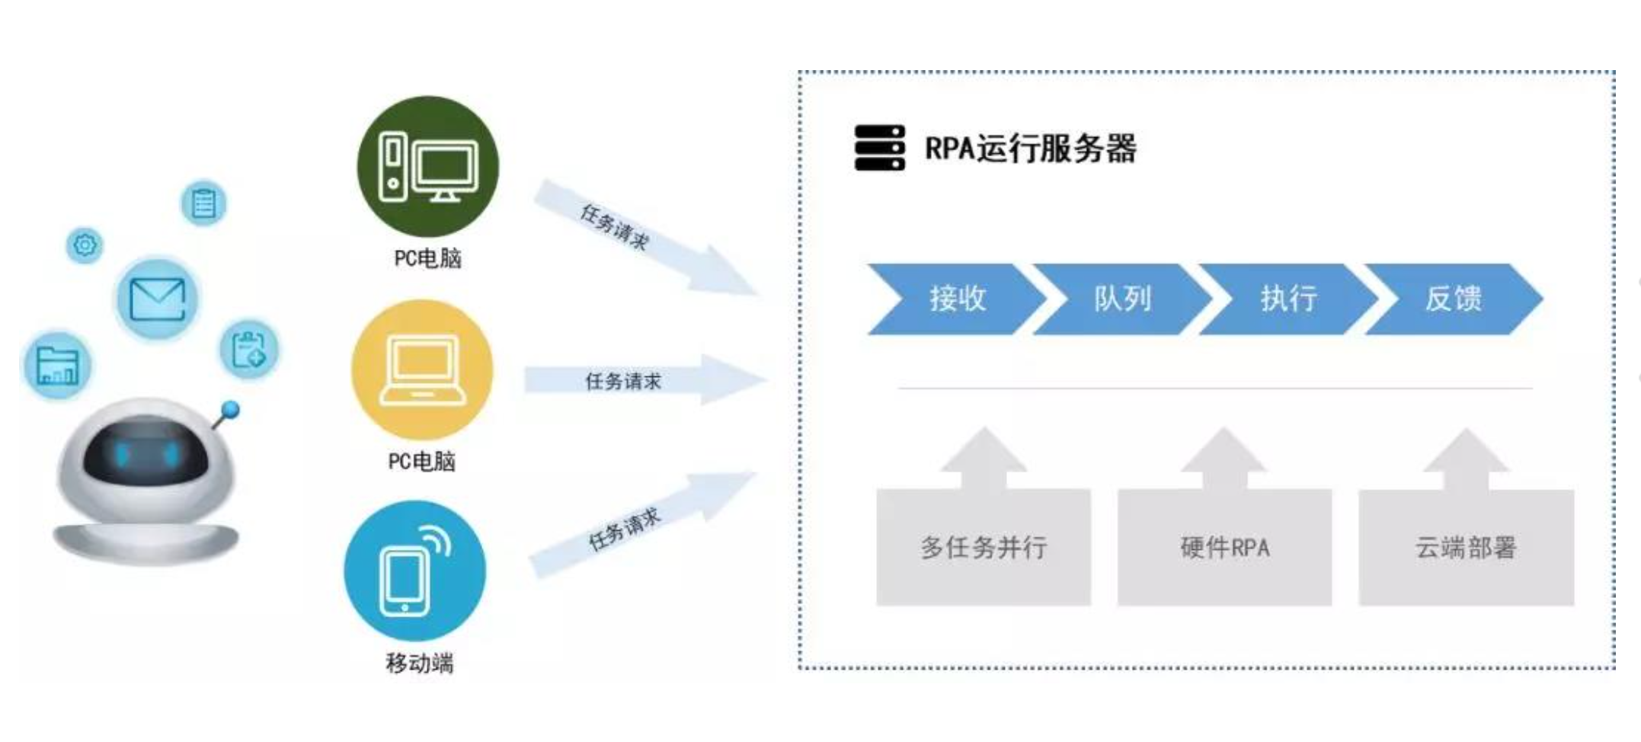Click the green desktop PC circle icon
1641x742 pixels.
(428, 166)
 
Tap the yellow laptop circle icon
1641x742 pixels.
(422, 369)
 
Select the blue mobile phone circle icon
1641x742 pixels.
(415, 571)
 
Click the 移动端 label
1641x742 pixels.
(419, 664)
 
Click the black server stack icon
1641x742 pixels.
(880, 148)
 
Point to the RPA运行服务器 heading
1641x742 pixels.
(1030, 149)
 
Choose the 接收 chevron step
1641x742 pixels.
(956, 299)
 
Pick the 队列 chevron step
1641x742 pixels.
(1121, 299)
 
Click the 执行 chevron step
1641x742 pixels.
(1288, 299)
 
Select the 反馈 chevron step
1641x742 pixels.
(1453, 299)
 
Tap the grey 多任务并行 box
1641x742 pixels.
(984, 547)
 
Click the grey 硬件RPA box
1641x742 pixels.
(1224, 547)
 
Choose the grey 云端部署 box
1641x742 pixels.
(1466, 547)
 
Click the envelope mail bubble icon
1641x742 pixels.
(157, 299)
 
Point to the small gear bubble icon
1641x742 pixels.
(85, 245)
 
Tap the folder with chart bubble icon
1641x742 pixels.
(57, 366)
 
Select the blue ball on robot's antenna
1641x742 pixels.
(230, 411)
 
